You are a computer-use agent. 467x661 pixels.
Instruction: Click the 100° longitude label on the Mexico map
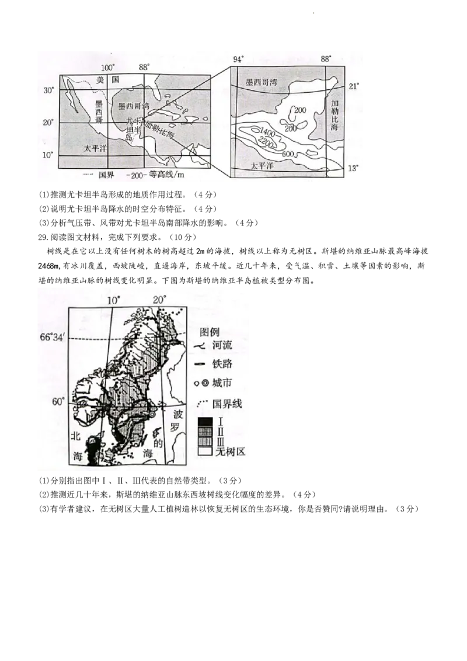109,68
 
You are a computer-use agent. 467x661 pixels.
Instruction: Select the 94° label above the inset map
238,60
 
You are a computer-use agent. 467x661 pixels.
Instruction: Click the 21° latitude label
354,86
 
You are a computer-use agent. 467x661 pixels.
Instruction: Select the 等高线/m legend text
162,175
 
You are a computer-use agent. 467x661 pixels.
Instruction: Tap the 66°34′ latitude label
53,337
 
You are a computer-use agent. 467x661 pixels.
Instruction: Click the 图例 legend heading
210,332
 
